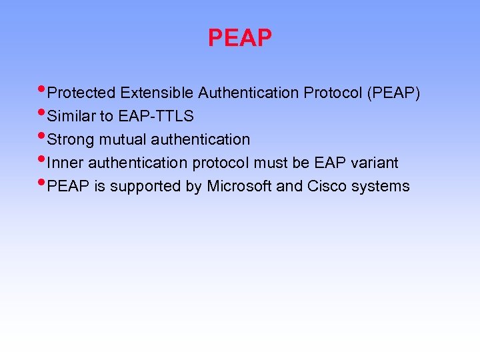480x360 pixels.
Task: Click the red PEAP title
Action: pyautogui.click(x=239, y=38)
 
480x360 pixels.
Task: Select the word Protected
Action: pyautogui.click(x=81, y=93)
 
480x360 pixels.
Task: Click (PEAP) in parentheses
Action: pyautogui.click(x=393, y=93)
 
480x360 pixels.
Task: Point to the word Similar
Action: pyautogui.click(x=72, y=116)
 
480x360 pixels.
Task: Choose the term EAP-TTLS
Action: pyautogui.click(x=156, y=116)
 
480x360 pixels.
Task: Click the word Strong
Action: pyautogui.click(x=71, y=139)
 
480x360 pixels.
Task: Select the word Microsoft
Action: pyautogui.click(x=239, y=186)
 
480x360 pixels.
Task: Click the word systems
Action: pyautogui.click(x=381, y=186)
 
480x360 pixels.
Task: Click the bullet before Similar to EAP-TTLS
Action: pyautogui.click(x=43, y=113)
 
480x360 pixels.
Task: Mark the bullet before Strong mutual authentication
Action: pyautogui.click(x=43, y=137)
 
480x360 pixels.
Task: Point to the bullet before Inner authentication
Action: pyautogui.click(x=43, y=160)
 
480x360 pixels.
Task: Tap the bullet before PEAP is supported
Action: pyautogui.click(x=43, y=183)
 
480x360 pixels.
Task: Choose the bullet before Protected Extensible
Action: pyautogui.click(x=43, y=90)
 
